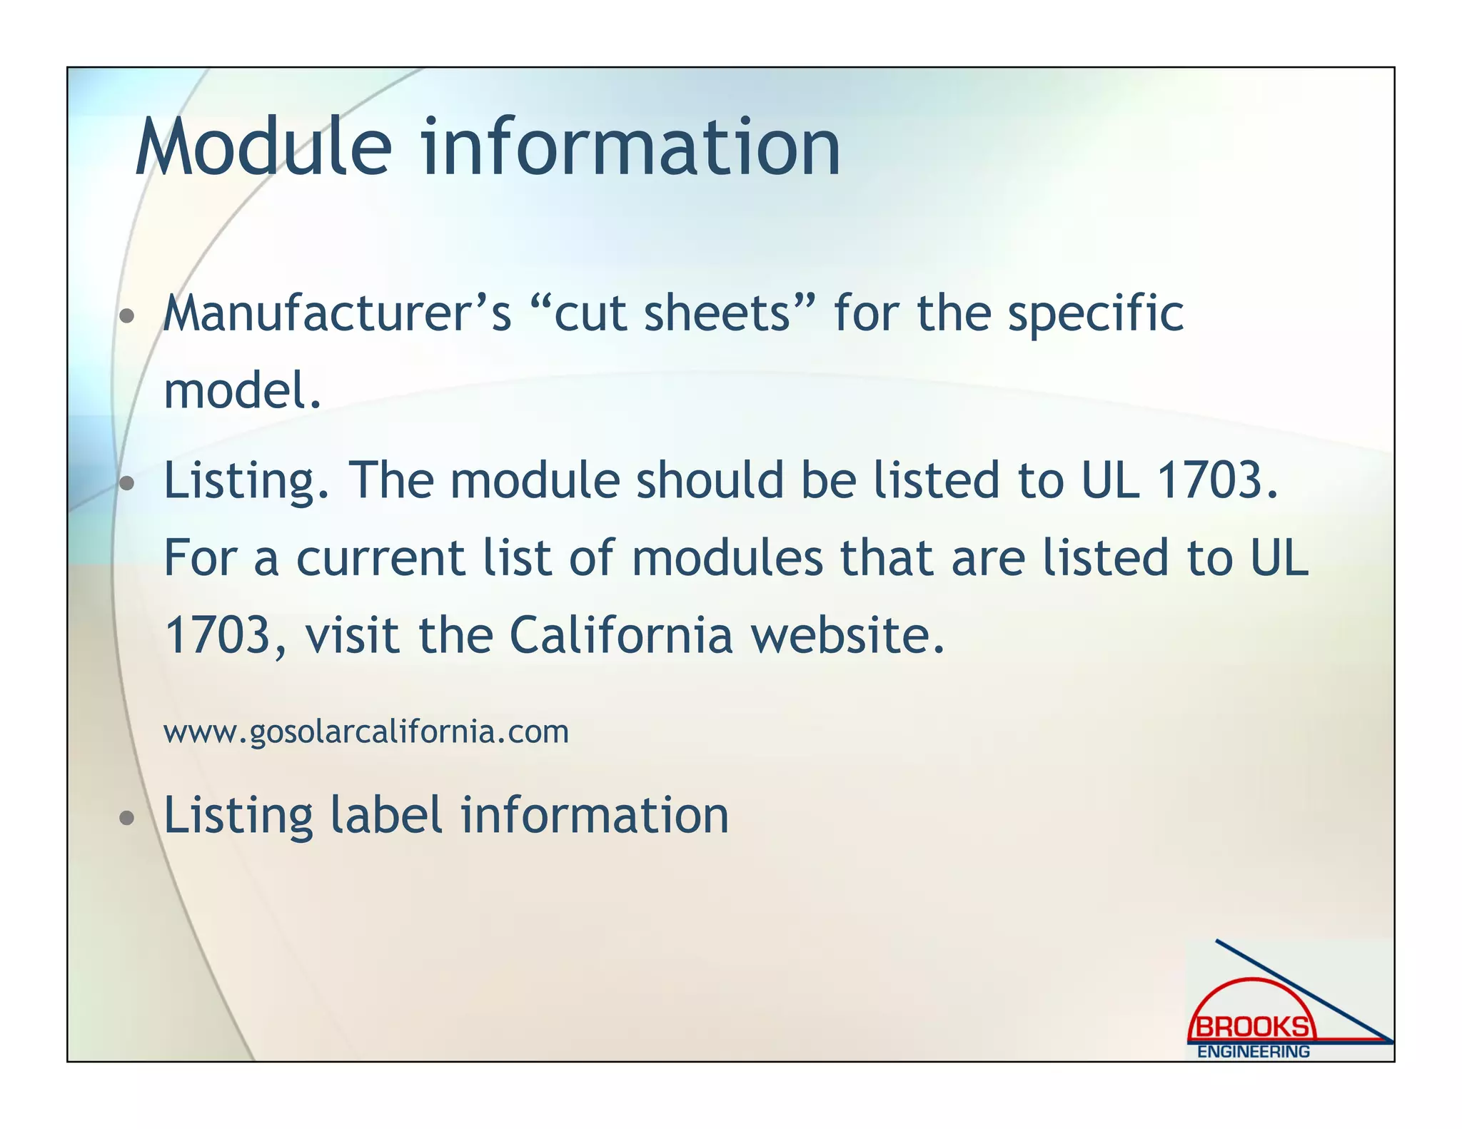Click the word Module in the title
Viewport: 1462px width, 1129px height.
coord(263,148)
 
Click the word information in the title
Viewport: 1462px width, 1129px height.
coord(630,148)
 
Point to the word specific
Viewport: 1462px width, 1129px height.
coord(1095,314)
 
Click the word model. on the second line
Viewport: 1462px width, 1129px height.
coord(243,392)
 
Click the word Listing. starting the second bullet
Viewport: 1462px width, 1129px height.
coord(246,480)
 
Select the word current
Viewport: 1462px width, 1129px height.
coord(380,558)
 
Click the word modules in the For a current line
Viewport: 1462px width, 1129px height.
coord(727,558)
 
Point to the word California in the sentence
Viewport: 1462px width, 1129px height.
coord(620,635)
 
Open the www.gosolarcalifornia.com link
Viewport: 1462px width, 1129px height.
coord(366,732)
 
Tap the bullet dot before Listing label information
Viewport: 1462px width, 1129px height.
coord(127,819)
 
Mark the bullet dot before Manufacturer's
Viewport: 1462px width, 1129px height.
coord(127,316)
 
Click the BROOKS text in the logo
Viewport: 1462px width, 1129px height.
coord(1253,1028)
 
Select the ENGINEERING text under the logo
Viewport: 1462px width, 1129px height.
coord(1254,1052)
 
